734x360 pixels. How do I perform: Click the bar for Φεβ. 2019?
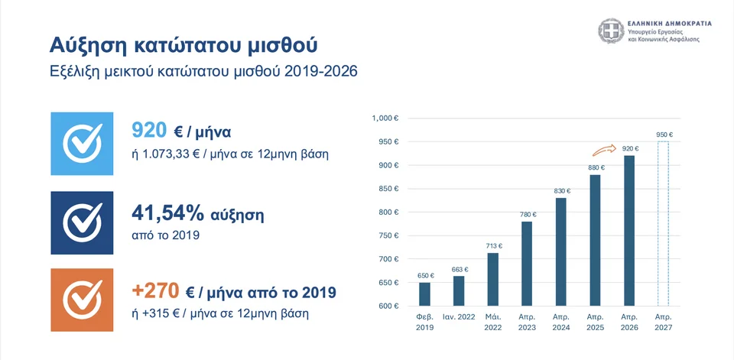pos(424,294)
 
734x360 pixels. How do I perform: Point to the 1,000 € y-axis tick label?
pos(385,118)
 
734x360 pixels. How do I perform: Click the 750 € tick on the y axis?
pos(388,236)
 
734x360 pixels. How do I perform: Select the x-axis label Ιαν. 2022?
pos(458,316)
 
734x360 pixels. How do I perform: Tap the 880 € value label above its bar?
pos(596,167)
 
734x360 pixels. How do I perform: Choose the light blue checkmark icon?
pos(81,141)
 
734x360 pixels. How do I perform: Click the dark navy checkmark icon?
pos(81,222)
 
